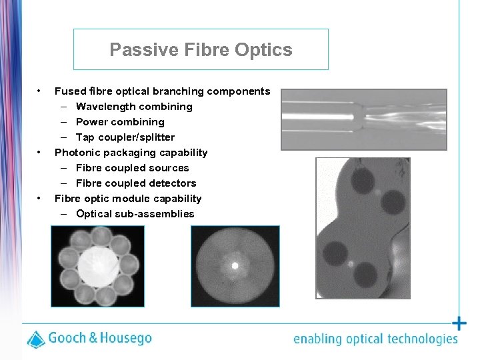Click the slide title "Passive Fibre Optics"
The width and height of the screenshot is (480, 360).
(201, 50)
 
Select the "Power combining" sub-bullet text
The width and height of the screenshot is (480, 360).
(120, 122)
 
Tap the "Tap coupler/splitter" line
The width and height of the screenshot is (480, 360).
(125, 137)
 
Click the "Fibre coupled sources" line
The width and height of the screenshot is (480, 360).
(132, 168)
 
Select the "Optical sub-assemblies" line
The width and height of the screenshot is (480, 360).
(135, 214)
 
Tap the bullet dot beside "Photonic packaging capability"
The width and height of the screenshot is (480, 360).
(41, 152)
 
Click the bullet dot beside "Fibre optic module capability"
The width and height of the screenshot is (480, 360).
(41, 198)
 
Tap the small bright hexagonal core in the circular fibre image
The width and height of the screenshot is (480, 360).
(235, 265)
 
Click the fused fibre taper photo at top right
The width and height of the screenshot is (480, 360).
(363, 119)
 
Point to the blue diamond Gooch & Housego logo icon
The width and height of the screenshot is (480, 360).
(36, 339)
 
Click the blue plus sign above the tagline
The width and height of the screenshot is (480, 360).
(459, 324)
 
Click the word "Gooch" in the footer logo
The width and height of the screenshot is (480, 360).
(67, 338)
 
